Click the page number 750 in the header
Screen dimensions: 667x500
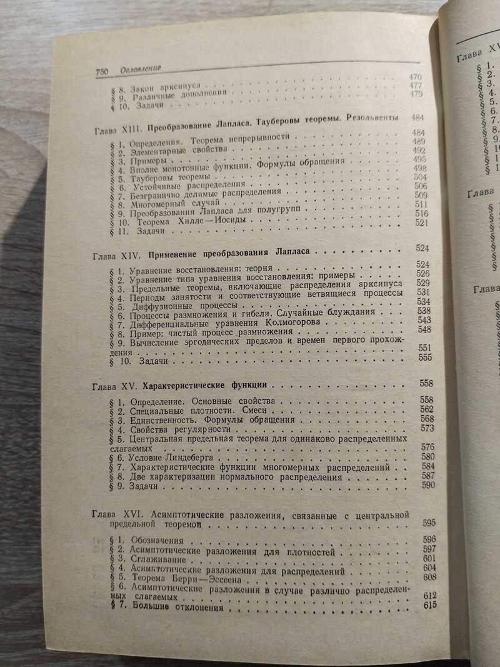102,69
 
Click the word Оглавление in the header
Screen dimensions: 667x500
141,68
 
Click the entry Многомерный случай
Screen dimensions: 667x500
166,204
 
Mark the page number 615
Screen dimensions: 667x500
429,606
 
